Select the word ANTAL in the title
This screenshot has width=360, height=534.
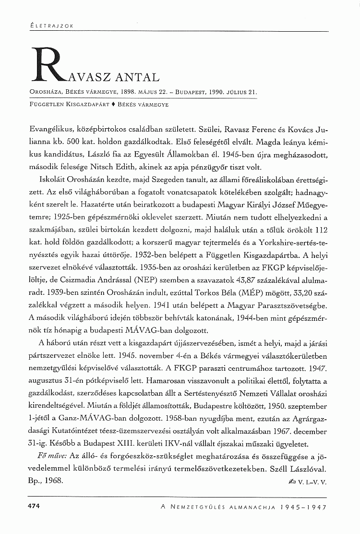(x=135, y=77)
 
